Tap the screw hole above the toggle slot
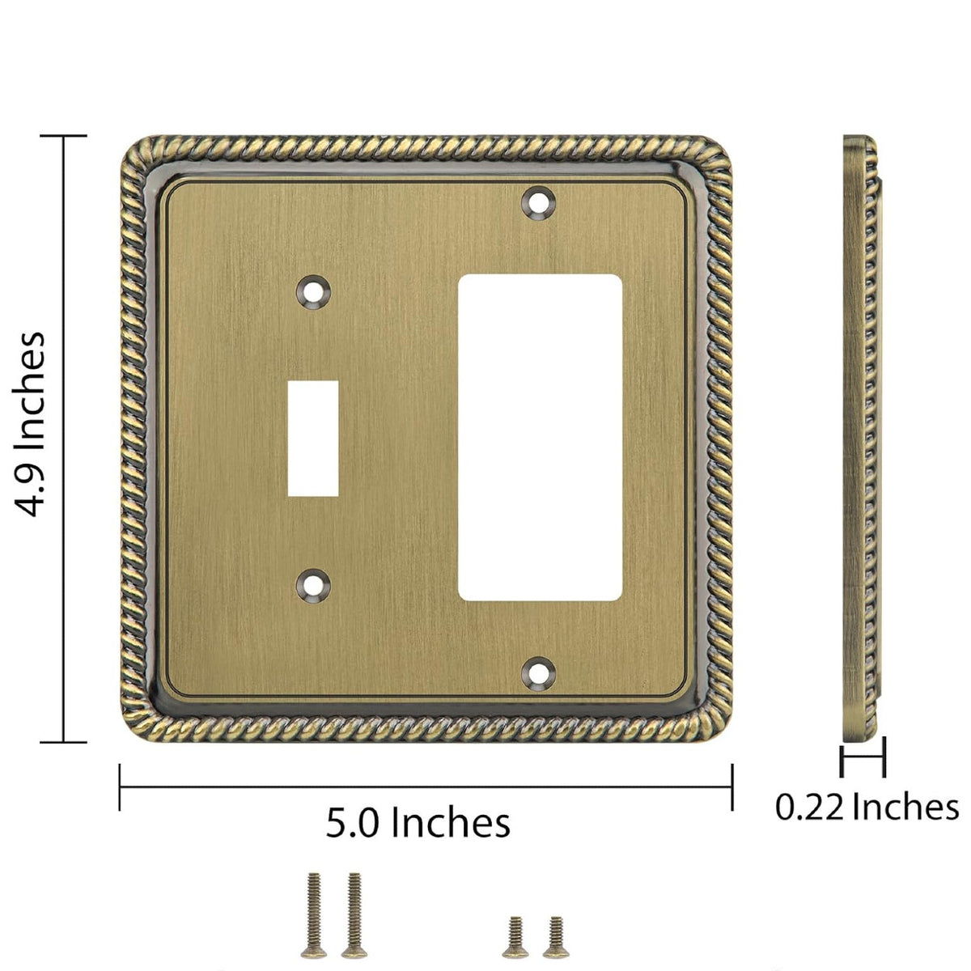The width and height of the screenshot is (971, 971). (x=314, y=290)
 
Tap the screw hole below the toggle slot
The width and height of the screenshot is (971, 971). (x=314, y=583)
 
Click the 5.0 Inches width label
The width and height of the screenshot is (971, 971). (x=418, y=823)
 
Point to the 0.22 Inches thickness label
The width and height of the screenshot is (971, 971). (x=867, y=807)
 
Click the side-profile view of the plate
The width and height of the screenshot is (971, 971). (x=861, y=437)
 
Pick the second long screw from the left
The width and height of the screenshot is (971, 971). (x=352, y=904)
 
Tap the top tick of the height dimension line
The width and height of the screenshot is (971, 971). (x=63, y=137)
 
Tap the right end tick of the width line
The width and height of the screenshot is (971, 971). (x=732, y=787)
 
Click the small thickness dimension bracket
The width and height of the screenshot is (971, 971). (x=863, y=761)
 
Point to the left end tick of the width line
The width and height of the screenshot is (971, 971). (x=121, y=787)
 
